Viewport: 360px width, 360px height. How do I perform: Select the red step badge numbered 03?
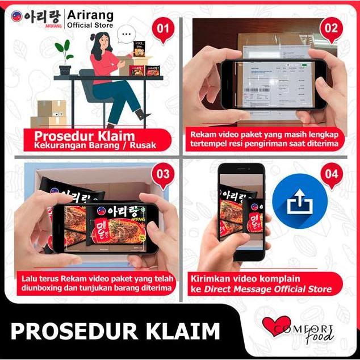(162, 174)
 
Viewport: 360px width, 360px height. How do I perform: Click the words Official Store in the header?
(90, 26)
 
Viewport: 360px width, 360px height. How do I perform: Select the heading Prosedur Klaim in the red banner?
(85, 136)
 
